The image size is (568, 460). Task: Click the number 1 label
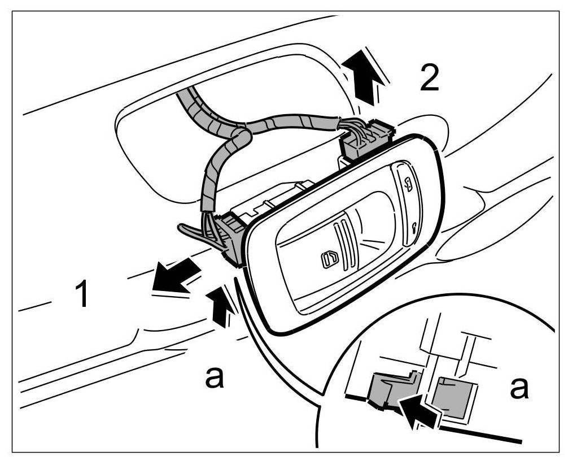(x=82, y=294)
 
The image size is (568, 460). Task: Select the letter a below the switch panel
(x=213, y=377)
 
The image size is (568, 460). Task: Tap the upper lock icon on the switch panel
(x=408, y=181)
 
